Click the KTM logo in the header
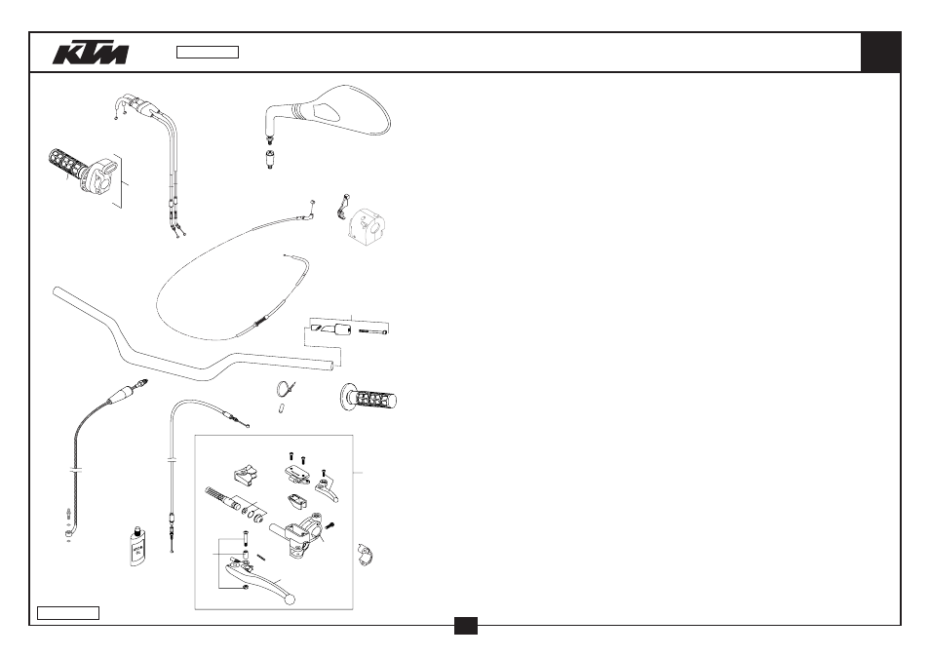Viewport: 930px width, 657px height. (x=90, y=53)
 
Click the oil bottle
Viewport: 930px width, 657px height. (x=137, y=546)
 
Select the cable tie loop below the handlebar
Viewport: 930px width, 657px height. (x=286, y=390)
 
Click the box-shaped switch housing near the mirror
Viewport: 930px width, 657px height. (x=368, y=226)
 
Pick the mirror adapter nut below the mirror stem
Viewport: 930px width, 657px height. (x=270, y=160)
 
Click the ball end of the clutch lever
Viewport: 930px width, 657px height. (x=291, y=599)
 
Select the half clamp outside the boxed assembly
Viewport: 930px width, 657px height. (x=366, y=555)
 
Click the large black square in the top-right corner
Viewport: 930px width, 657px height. (x=881, y=53)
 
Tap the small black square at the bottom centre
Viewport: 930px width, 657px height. (x=466, y=626)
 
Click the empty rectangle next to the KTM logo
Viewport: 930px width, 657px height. (x=208, y=53)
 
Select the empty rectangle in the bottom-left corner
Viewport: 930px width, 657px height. (x=68, y=613)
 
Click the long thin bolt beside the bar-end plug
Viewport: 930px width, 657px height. (x=373, y=331)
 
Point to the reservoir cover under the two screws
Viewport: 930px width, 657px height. (x=297, y=473)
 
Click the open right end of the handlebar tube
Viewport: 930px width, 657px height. (x=329, y=365)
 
